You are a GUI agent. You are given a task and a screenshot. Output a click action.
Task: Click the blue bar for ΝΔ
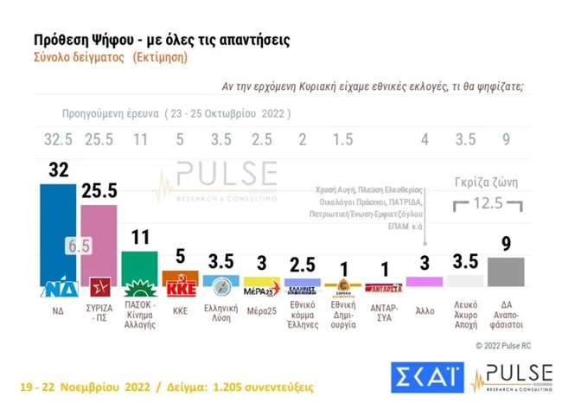click(x=58, y=233)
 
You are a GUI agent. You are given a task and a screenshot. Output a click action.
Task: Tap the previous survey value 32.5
click(x=58, y=138)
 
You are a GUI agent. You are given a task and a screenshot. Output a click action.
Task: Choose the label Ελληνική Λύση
click(x=220, y=310)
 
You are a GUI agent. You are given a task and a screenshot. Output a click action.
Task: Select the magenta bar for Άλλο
click(x=424, y=281)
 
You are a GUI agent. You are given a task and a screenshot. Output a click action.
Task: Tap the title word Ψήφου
click(x=103, y=40)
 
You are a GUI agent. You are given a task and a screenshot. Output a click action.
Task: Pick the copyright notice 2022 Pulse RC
click(x=513, y=345)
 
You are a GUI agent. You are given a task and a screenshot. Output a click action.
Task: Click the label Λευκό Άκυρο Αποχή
click(x=465, y=314)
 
